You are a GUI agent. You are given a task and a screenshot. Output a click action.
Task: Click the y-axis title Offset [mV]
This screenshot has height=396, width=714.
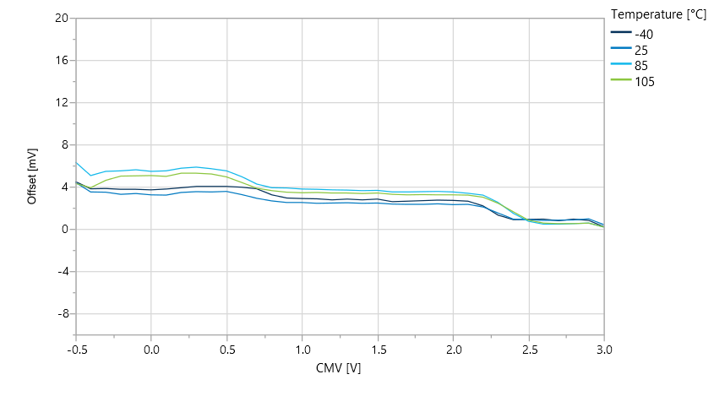coord(32,176)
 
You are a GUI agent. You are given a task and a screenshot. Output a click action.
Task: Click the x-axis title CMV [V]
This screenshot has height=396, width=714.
coord(339,367)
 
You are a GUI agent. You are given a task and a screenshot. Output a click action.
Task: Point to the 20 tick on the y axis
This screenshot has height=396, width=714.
coord(62,18)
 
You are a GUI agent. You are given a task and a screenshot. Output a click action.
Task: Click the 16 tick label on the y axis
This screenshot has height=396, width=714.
coord(62,60)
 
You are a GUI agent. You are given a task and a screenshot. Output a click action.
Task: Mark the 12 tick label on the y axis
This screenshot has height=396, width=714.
coord(62,102)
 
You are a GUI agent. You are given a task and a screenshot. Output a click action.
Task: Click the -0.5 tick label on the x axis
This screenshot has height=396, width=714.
coord(76,348)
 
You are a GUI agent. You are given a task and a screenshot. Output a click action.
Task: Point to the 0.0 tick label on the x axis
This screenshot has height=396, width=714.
coord(151,348)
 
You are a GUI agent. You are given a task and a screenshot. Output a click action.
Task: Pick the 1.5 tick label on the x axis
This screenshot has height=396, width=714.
coord(378,348)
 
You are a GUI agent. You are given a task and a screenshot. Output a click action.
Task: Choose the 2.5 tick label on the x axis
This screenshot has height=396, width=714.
coord(529,348)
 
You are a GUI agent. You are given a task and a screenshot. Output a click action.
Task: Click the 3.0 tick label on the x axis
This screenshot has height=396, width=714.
coord(604,348)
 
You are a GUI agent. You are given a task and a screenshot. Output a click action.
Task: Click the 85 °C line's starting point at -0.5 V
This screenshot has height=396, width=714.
coord(76,162)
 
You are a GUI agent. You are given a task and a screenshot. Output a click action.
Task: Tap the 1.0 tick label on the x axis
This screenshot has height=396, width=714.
coord(302,348)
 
